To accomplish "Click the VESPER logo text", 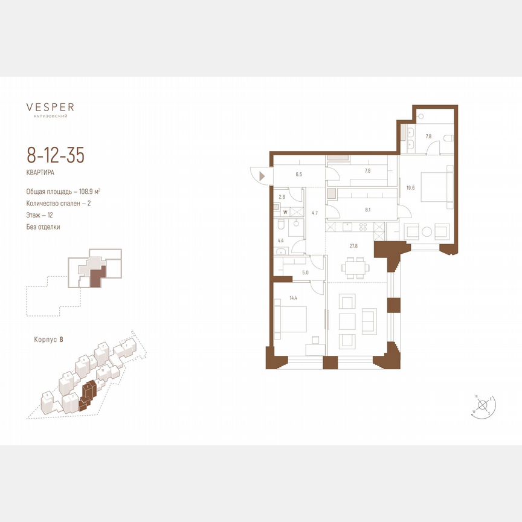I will click(x=50, y=107).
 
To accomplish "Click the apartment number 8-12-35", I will click(x=55, y=155).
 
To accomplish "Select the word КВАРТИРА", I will click(x=40, y=172).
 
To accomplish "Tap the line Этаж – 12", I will click(x=43, y=215).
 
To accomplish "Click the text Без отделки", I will click(x=43, y=227).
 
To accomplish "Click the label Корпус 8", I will click(x=49, y=340).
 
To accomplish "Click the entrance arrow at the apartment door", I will click(x=262, y=176).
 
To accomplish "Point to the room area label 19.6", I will click(x=410, y=188).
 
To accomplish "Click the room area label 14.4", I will click(x=294, y=297).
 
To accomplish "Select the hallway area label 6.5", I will click(x=298, y=174).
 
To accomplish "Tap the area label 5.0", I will click(x=305, y=272).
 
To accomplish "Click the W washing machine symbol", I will click(x=285, y=212).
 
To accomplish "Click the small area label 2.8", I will click(x=282, y=197).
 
